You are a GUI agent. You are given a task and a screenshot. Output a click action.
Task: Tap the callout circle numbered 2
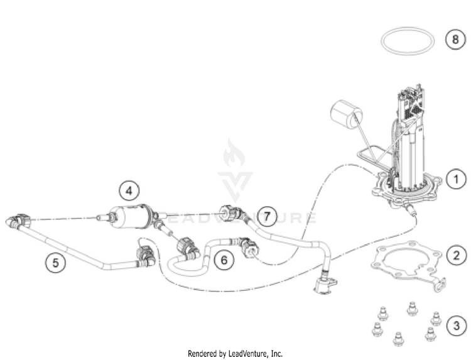455,255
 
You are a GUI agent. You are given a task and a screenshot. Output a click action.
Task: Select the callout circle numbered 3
455,326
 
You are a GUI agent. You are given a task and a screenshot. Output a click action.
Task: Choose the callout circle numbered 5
55,264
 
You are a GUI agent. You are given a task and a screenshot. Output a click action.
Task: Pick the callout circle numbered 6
224,258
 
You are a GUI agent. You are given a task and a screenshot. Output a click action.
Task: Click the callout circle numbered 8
455,39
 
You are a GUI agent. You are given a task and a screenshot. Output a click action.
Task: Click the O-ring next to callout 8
407,41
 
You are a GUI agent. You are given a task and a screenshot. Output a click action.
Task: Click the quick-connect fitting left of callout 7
229,212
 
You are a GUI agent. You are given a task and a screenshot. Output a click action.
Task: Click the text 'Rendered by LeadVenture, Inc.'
235,354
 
